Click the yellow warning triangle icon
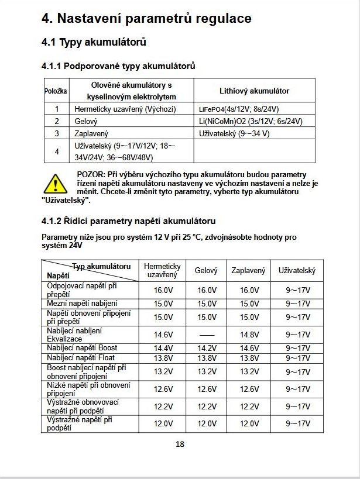(56, 184)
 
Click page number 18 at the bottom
(180, 444)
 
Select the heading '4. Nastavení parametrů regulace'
(146, 18)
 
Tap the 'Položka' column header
(56, 91)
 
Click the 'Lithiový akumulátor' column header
(254, 91)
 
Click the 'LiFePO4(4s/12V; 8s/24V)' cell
(239, 109)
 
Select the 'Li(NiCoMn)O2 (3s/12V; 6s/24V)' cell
(251, 122)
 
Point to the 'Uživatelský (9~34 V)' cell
(234, 134)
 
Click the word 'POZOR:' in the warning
(91, 175)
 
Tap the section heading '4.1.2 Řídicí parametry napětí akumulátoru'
(128, 221)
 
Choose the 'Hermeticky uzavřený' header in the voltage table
(162, 270)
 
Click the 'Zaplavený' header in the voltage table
(248, 270)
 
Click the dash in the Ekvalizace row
(206, 335)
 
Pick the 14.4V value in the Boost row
(163, 348)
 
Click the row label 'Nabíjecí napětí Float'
(81, 358)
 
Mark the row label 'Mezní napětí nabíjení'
(82, 304)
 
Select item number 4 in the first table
(57, 151)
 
